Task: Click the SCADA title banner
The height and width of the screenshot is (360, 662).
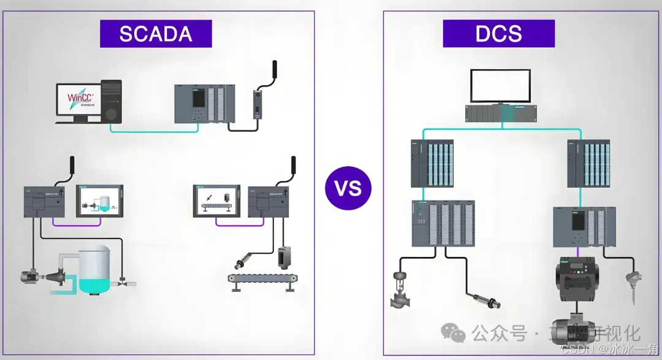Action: (x=156, y=34)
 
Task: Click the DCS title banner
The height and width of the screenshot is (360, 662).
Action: (x=498, y=34)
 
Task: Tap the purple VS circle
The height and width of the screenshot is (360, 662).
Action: (x=348, y=188)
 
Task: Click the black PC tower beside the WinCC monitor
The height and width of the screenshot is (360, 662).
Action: (x=110, y=101)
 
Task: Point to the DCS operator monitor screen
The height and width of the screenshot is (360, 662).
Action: (x=500, y=86)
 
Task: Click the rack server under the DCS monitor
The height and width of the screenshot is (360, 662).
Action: (x=500, y=113)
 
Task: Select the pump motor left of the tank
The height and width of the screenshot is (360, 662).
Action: (x=30, y=277)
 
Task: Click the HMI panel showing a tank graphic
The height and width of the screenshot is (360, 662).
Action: (x=100, y=199)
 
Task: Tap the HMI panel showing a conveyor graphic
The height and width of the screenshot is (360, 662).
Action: (x=218, y=199)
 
